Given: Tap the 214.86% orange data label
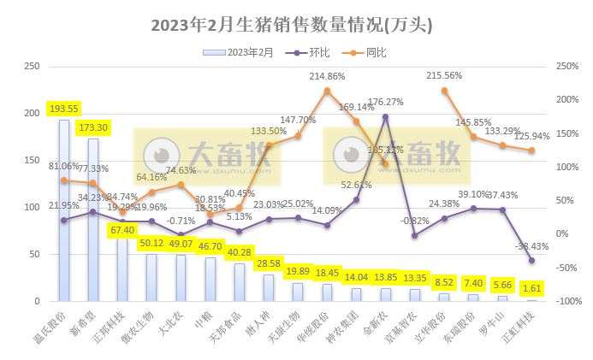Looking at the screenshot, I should pyautogui.click(x=329, y=76).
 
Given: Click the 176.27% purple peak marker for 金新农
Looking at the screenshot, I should pyautogui.click(x=385, y=116).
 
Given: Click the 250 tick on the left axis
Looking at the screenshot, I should pyautogui.click(x=33, y=66).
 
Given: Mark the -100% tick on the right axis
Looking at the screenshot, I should pyautogui.click(x=567, y=302).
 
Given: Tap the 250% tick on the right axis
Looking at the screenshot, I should pyautogui.click(x=567, y=66).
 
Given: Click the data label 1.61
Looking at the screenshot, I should pyautogui.click(x=531, y=290).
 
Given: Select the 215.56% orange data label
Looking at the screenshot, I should pyautogui.click(x=444, y=75).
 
